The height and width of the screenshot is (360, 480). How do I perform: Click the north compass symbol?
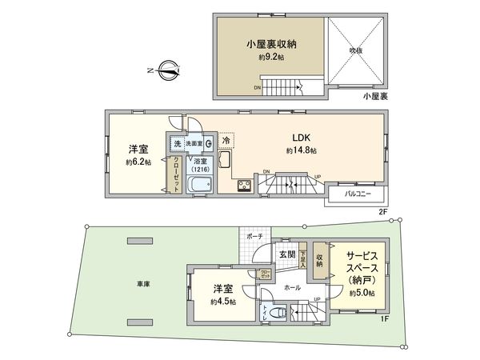tap(170, 71)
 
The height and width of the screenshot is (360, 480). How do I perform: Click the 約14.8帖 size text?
tap(301, 150)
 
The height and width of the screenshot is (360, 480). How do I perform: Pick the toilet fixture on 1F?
tap(278, 314)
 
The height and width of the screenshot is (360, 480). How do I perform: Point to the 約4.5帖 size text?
tap(222, 302)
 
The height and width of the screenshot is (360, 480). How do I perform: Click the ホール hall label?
tap(292, 286)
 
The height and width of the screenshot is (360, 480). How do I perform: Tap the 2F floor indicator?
tap(383, 211)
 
